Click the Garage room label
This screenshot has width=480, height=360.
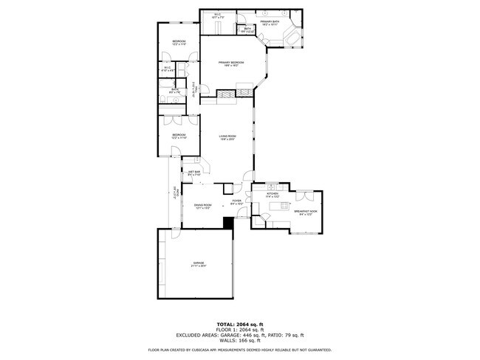click(199, 265)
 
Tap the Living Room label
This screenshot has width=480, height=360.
click(227, 138)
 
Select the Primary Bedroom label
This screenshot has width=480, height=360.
click(231, 64)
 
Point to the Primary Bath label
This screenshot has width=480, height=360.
click(270, 24)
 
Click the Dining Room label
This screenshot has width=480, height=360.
click(203, 207)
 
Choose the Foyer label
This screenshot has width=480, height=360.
click(236, 201)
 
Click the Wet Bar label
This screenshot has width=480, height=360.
click(195, 173)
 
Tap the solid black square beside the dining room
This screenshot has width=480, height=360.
click(228, 222)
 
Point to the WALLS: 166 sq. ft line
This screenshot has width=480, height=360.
click(240, 340)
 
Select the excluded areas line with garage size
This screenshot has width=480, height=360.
click(240, 335)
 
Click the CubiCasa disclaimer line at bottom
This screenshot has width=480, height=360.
click(240, 350)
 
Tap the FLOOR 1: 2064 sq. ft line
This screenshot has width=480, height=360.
click(240, 330)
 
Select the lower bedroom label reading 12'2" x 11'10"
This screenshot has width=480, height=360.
click(179, 136)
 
